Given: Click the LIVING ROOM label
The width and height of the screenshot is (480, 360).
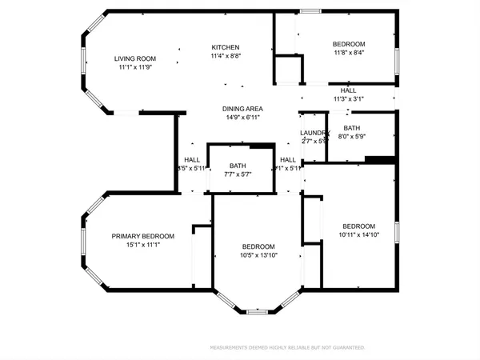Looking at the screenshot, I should (134, 58).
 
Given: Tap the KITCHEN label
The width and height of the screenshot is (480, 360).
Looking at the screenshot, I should (226, 47).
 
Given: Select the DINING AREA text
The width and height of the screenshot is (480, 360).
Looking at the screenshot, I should (242, 109).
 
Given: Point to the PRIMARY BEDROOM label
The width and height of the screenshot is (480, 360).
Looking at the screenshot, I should (142, 236).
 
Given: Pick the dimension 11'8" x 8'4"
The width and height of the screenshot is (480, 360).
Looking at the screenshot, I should (349, 53).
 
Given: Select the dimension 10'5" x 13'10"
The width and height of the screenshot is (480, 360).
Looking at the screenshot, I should (258, 255).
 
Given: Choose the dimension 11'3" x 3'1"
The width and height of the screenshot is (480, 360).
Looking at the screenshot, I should (348, 99).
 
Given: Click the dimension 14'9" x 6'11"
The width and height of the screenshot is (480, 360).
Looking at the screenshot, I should (242, 118).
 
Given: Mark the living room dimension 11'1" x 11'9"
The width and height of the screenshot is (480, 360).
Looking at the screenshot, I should (134, 67).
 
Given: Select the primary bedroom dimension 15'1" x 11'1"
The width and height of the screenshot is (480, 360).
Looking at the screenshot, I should (142, 245).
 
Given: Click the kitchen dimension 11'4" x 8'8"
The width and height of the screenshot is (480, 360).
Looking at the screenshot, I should (226, 56).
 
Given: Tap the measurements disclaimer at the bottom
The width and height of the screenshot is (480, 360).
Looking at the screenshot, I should (286, 348).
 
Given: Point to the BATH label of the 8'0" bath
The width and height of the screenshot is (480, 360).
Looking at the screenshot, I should (352, 128).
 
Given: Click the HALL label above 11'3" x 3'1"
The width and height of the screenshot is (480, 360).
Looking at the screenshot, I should (348, 90).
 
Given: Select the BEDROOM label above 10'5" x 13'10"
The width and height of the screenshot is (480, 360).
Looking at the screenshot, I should (258, 246).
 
